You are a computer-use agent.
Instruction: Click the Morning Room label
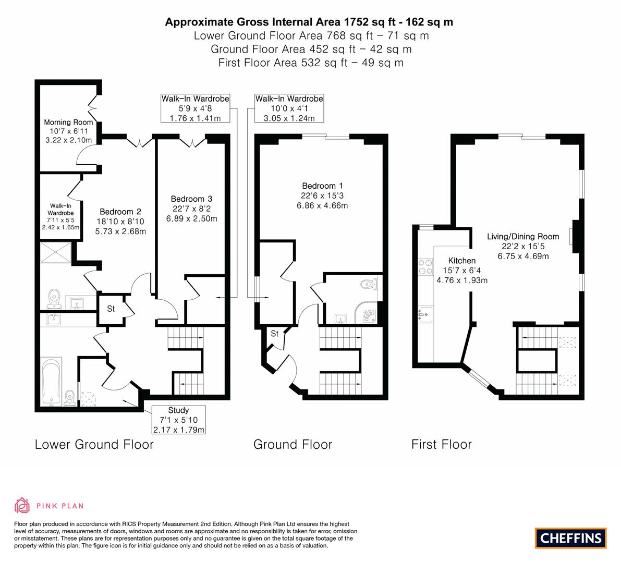point(68,123)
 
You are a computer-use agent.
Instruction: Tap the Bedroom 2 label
point(120,212)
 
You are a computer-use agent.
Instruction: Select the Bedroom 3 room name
point(192,199)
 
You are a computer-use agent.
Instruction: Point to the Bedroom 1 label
point(322,186)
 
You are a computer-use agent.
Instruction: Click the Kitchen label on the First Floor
point(462,261)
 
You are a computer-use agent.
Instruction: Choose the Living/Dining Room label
point(523,236)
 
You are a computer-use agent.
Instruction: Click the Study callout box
point(179,420)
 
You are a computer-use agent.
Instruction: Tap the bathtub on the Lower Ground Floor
point(51,382)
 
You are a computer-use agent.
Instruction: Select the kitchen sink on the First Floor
point(426,314)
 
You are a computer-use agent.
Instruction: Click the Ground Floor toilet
point(369,284)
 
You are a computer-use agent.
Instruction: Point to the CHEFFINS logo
point(571,538)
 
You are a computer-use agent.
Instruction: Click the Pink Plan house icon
point(22,505)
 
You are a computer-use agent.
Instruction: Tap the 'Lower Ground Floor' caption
point(94,444)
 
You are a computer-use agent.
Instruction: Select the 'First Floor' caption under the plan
point(442,444)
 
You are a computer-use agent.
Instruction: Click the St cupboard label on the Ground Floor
point(274,334)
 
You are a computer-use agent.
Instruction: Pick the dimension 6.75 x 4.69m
point(523,256)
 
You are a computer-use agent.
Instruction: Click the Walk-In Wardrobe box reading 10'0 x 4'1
point(289,108)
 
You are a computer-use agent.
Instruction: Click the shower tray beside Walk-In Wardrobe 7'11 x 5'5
point(56,252)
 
